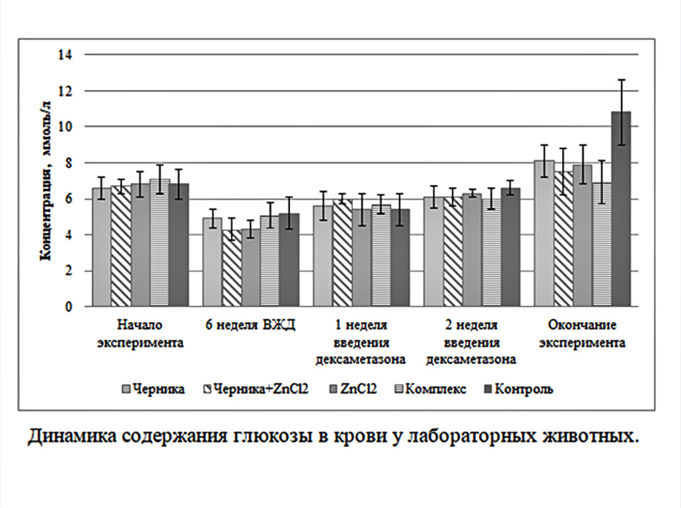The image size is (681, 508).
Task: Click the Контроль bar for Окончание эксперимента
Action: click(x=621, y=210)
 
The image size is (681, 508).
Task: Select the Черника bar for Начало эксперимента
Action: click(x=101, y=248)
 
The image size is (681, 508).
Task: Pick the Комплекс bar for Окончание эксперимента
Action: click(x=602, y=245)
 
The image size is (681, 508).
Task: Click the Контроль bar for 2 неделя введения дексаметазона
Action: click(x=511, y=248)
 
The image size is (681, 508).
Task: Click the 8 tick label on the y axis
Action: click(x=67, y=163)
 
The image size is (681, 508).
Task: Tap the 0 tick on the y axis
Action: click(x=67, y=307)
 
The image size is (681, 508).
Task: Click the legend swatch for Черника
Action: click(x=125, y=389)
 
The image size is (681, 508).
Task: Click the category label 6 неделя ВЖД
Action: click(x=250, y=325)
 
